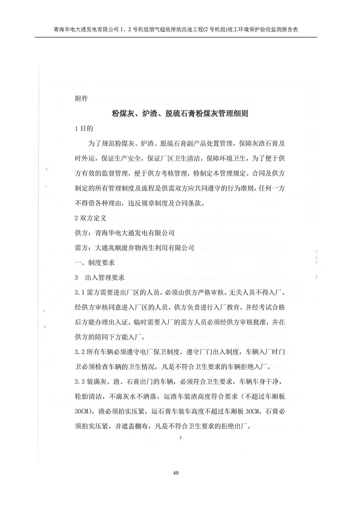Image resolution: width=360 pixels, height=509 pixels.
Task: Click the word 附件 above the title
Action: tap(81, 99)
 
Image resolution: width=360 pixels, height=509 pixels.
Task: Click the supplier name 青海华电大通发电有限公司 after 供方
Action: tap(135, 233)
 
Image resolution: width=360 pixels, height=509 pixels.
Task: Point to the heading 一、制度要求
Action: tap(95, 263)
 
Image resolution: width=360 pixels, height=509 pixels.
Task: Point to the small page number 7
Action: tap(180, 438)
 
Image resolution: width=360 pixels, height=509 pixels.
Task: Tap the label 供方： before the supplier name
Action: tap(84, 233)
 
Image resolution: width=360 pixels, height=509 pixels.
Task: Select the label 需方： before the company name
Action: tap(84, 248)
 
